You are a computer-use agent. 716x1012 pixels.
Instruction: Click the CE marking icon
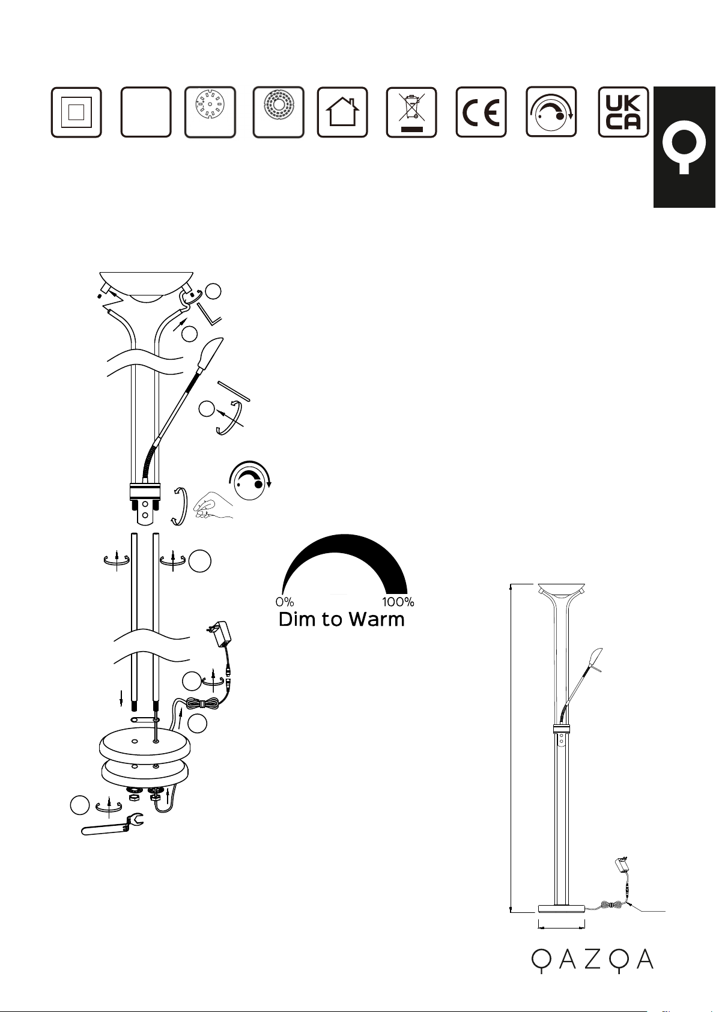pos(481,112)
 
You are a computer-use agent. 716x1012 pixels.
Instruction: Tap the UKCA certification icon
pos(623,112)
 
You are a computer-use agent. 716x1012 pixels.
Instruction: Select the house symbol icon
pos(342,112)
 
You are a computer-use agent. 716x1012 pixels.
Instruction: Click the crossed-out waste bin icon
pos(411,112)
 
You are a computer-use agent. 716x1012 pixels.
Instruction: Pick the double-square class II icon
pos(76,112)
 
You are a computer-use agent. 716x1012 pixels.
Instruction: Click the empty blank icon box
pos(146,112)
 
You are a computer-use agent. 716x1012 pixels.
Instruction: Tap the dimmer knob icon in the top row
pos(551,112)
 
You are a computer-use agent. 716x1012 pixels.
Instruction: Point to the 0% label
pos(285,602)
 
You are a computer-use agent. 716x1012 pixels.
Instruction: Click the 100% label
pos(398,602)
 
